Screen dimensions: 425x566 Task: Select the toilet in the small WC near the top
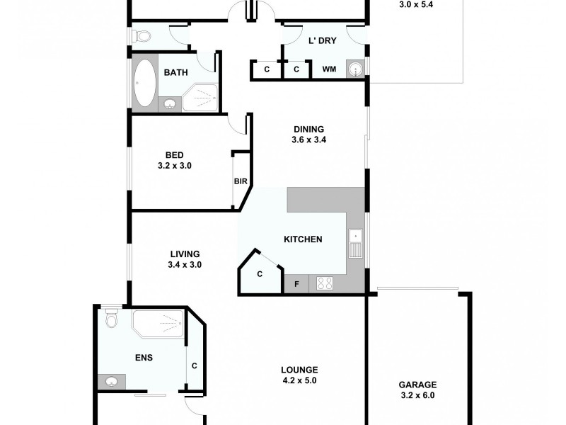coord(142,35)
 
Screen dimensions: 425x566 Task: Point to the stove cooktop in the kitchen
coord(326,283)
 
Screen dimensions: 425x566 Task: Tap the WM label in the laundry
coord(329,69)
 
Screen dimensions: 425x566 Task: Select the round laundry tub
coord(355,69)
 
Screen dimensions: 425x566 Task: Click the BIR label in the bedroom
coord(240,181)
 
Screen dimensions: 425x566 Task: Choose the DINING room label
coord(309,129)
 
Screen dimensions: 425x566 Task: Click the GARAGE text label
coord(417,384)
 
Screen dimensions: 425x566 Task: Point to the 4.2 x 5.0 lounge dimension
coord(299,380)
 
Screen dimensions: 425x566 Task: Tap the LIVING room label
coord(185,254)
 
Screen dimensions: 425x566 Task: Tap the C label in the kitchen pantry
coord(260,274)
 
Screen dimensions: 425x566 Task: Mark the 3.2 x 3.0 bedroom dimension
coord(175,166)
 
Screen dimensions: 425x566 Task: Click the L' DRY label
coord(323,40)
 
